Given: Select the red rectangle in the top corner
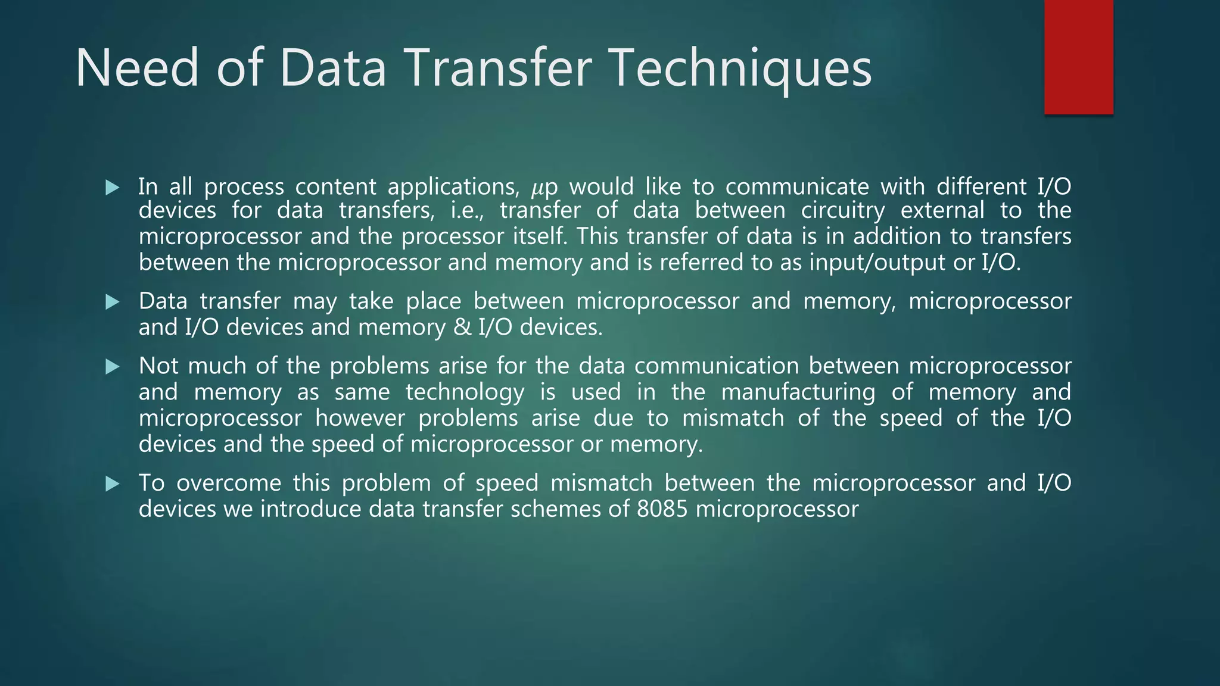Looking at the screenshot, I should click(1078, 57).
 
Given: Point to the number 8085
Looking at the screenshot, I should click(662, 509).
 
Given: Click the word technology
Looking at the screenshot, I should click(465, 392).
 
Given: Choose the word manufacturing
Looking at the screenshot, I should click(798, 392).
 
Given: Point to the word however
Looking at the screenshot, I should click(360, 418).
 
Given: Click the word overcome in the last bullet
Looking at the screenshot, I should click(229, 483).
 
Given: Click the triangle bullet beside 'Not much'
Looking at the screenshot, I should click(112, 367).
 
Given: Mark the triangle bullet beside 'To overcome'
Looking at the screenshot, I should click(112, 484).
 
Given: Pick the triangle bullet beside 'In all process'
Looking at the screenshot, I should click(112, 188).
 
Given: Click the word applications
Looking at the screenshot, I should click(453, 188).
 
